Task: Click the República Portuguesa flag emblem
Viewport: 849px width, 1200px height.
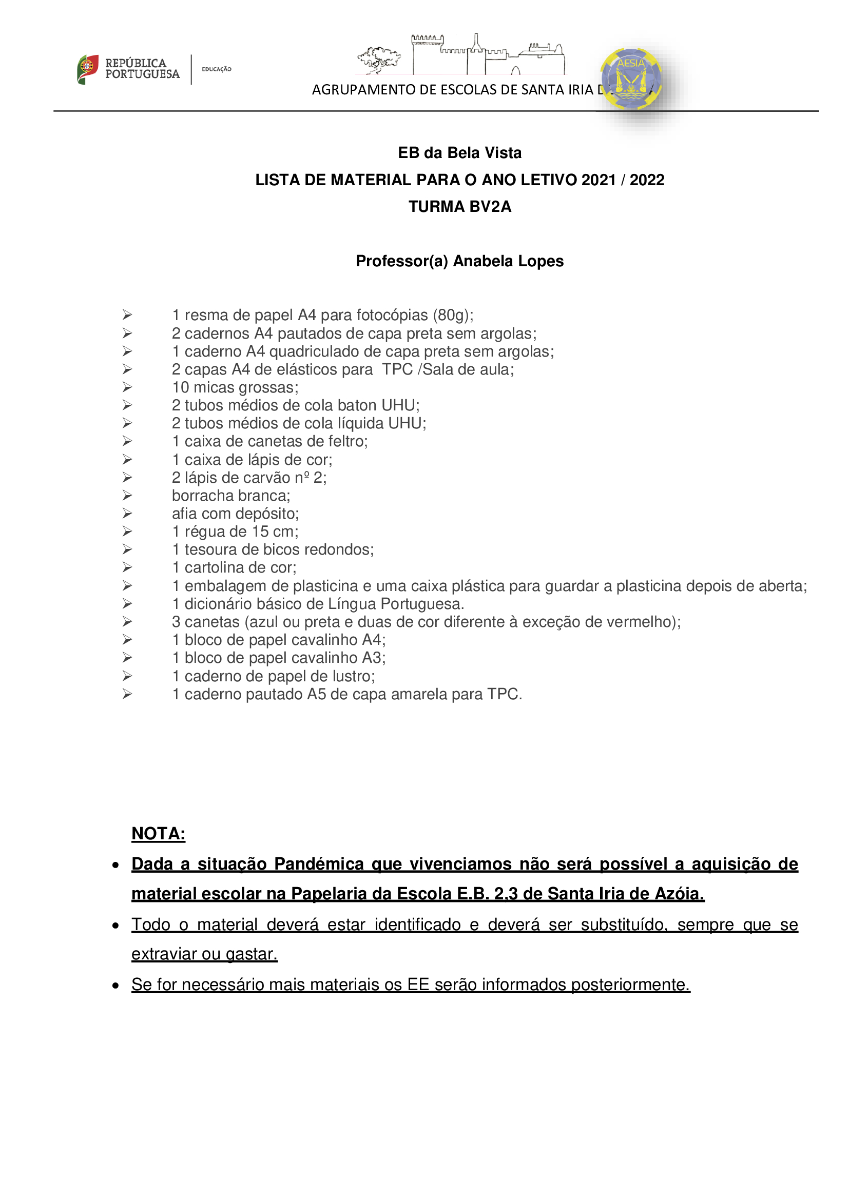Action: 87,68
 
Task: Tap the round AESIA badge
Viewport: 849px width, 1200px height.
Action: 631,79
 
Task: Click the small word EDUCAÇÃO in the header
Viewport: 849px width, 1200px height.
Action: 217,69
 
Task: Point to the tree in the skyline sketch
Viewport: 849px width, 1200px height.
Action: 379,58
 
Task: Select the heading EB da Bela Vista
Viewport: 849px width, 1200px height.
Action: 459,152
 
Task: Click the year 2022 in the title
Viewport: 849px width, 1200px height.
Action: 647,180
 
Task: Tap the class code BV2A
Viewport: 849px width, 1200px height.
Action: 490,206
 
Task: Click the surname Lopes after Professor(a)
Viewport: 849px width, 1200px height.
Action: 541,261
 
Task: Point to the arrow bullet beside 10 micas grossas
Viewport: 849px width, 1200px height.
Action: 127,387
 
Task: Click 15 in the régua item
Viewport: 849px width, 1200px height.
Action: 260,532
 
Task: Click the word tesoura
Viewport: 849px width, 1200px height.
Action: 209,549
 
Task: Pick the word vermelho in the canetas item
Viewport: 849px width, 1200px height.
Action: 640,621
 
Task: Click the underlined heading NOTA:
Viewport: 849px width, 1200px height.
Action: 159,833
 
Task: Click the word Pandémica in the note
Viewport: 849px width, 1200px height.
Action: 318,864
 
